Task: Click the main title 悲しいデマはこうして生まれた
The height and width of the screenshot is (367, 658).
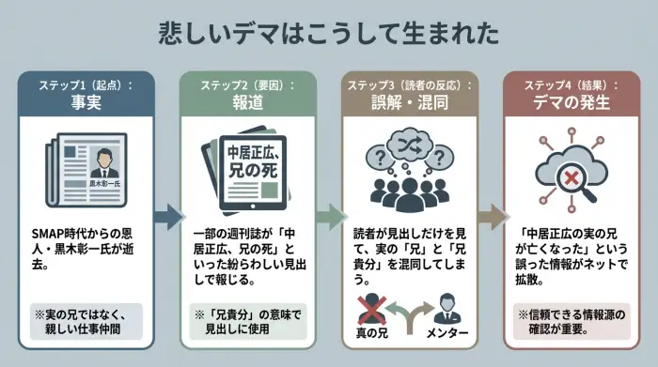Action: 328,34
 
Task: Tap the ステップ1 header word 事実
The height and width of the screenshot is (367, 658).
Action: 86,103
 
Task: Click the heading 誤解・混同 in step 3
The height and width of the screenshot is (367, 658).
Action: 408,103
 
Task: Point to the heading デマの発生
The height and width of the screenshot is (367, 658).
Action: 570,103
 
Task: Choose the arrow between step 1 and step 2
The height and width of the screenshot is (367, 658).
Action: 167,218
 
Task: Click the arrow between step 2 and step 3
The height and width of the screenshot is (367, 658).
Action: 328,218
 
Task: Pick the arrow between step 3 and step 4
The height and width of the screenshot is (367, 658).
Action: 491,218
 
